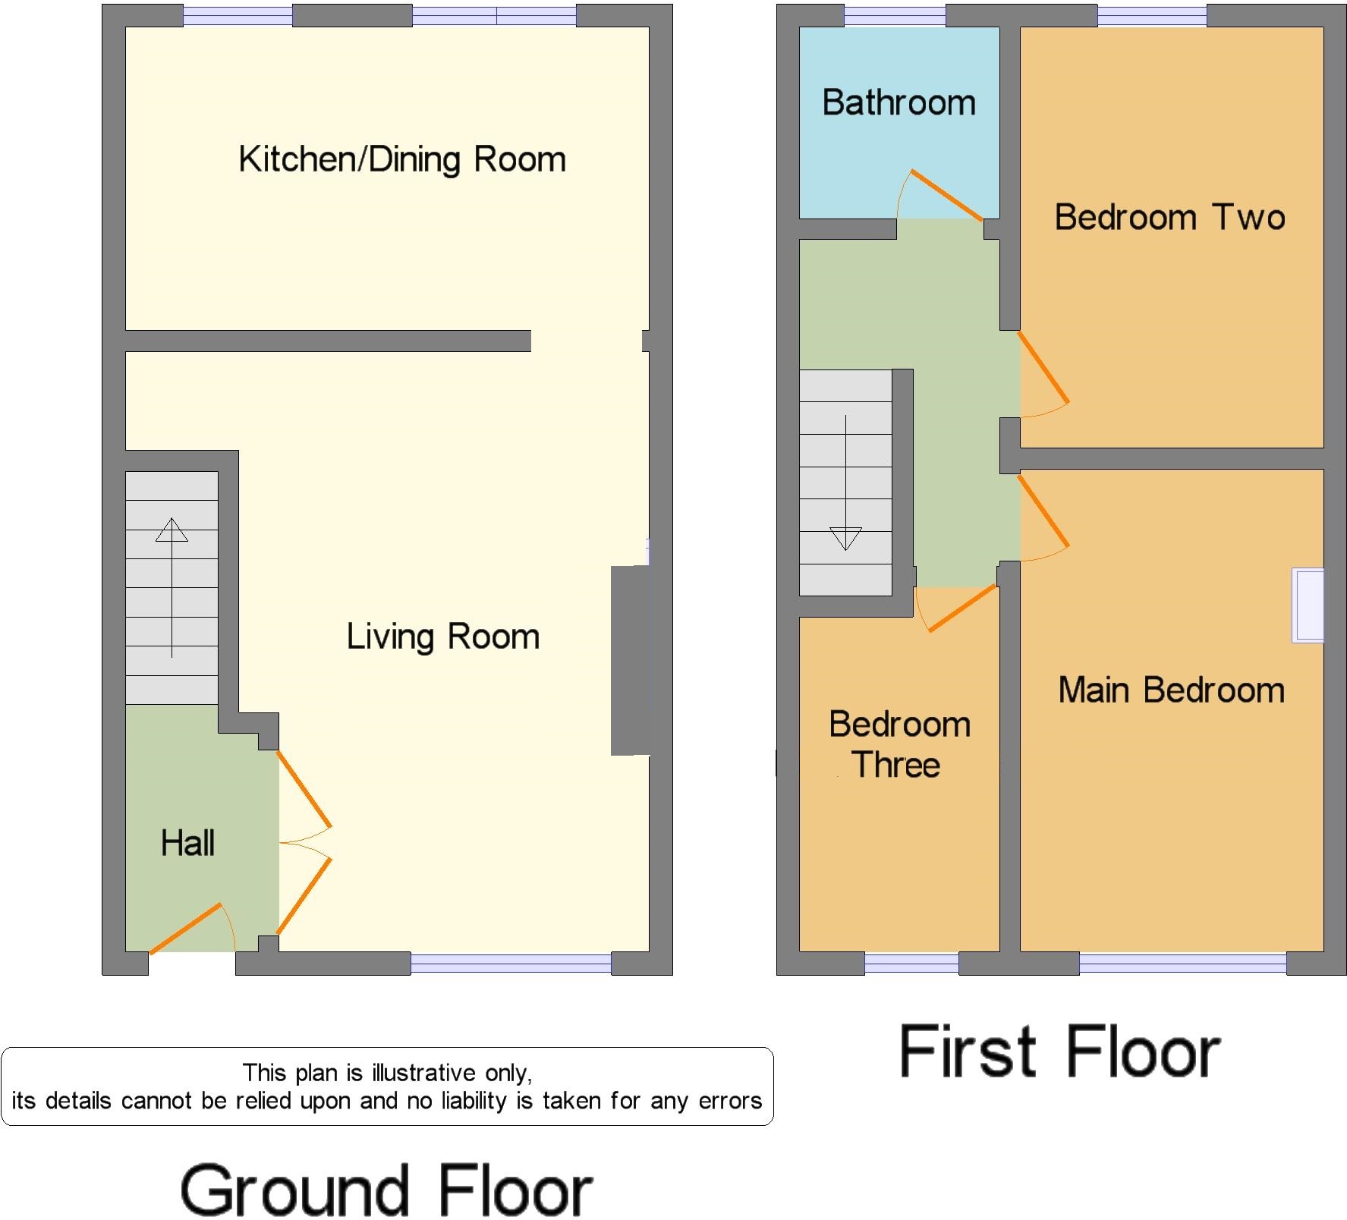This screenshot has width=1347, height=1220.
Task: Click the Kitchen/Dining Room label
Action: pyautogui.click(x=402, y=160)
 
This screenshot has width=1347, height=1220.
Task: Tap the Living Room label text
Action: pyautogui.click(x=443, y=637)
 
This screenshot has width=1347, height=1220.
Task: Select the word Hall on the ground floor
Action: pyautogui.click(x=187, y=843)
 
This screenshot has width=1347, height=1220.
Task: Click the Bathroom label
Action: pyautogui.click(x=899, y=102)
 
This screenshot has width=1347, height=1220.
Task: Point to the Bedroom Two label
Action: pyautogui.click(x=1170, y=218)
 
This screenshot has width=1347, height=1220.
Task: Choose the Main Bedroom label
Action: pyautogui.click(x=1172, y=690)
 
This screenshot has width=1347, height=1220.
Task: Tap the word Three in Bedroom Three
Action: pyautogui.click(x=896, y=765)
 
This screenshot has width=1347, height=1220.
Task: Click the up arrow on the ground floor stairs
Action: pyautogui.click(x=172, y=587)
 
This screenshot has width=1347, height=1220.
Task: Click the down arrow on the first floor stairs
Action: pyautogui.click(x=845, y=483)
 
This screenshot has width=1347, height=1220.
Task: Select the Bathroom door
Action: pyautogui.click(x=946, y=194)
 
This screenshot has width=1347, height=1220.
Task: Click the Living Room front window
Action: pyautogui.click(x=511, y=964)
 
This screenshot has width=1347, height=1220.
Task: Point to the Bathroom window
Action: pyautogui.click(x=895, y=16)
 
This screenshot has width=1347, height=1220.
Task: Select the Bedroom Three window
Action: pyautogui.click(x=911, y=964)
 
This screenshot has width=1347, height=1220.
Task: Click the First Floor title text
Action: pyautogui.click(x=1059, y=1052)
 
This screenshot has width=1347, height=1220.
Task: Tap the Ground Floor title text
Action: pyautogui.click(x=386, y=1191)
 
